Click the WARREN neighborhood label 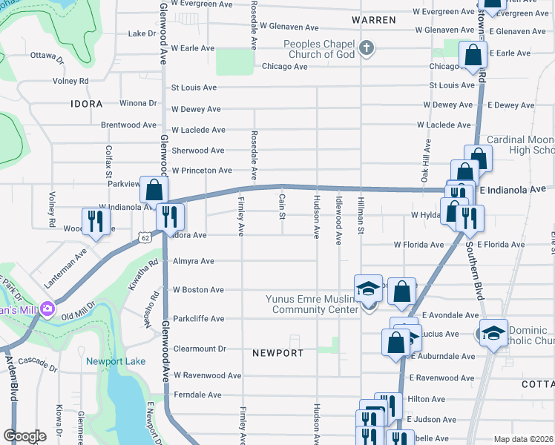click(373, 20)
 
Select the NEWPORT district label click(277, 352)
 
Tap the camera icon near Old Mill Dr click(48, 307)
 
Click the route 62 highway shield click(144, 237)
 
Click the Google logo click(24, 435)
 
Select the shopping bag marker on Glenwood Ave click(153, 189)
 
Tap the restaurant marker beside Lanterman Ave click(96, 220)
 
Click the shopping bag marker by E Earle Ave click(472, 55)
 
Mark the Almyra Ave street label click(193, 261)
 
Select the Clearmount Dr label click(199, 348)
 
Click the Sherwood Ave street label click(197, 150)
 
